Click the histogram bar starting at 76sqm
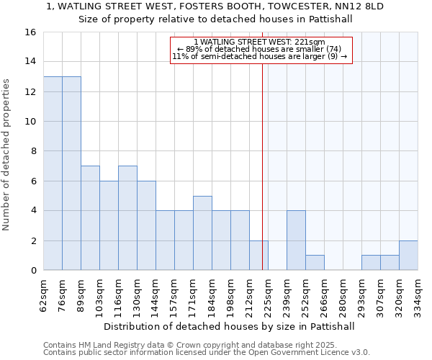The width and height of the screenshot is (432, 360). click(x=71, y=173)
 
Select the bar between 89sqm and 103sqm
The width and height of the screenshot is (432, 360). click(x=90, y=217)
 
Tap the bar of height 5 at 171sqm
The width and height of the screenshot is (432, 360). click(x=202, y=233)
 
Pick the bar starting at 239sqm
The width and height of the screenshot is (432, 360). click(x=296, y=240)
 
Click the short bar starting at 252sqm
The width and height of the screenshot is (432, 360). click(x=315, y=263)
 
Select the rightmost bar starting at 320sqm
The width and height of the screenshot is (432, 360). click(x=408, y=255)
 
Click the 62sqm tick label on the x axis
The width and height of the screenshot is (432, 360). click(x=44, y=294)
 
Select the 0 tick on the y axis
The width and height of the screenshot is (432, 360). click(x=33, y=271)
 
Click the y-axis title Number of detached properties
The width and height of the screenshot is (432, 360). click(x=7, y=151)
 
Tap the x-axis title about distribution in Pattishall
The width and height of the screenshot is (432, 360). click(x=229, y=326)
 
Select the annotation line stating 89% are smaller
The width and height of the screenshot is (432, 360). click(x=260, y=49)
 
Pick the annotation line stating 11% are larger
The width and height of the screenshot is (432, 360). click(x=260, y=56)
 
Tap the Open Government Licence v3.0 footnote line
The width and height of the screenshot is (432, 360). click(x=207, y=353)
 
